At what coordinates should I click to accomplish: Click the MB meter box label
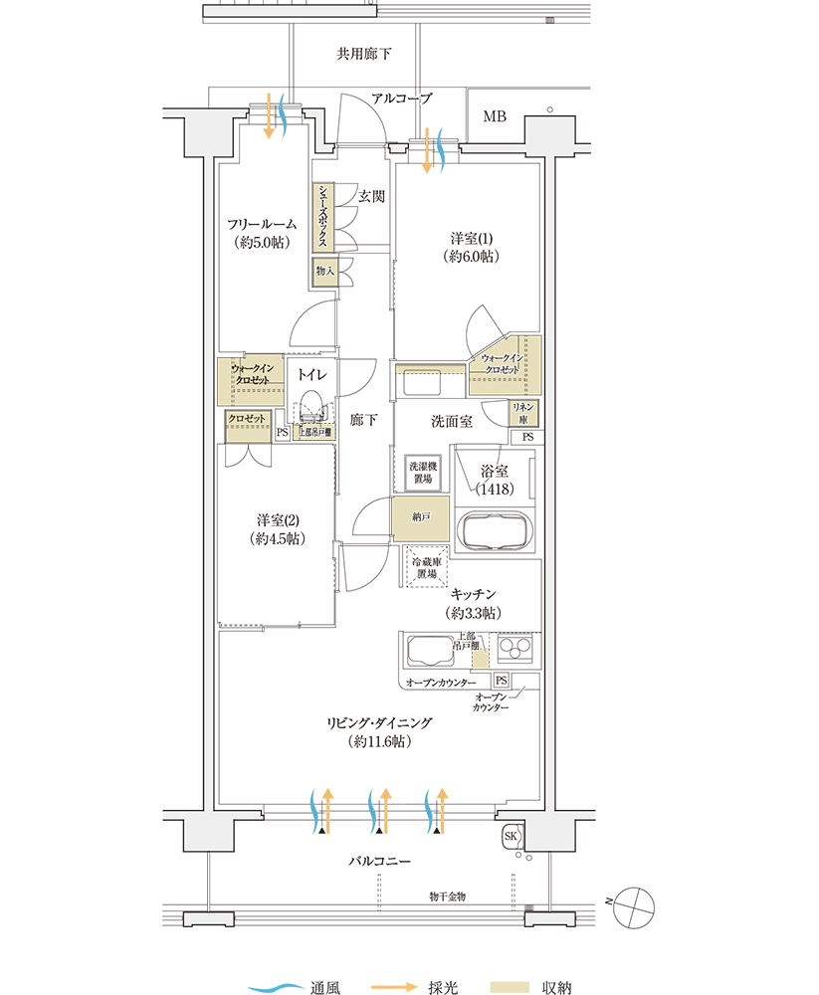click(495, 116)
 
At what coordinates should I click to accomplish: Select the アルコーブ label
click(402, 99)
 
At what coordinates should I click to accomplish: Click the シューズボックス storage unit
click(324, 216)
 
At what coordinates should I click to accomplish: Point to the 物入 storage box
click(324, 271)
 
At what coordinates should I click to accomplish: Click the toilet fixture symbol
click(310, 409)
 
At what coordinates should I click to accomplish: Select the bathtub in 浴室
click(495, 528)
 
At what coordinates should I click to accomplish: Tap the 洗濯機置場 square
click(421, 473)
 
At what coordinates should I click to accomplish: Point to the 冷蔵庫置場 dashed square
click(427, 568)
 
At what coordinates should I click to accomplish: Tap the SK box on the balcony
click(512, 836)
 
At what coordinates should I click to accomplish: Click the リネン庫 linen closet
click(522, 413)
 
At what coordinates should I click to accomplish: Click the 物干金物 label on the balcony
click(447, 896)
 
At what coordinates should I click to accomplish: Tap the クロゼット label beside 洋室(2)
click(247, 419)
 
